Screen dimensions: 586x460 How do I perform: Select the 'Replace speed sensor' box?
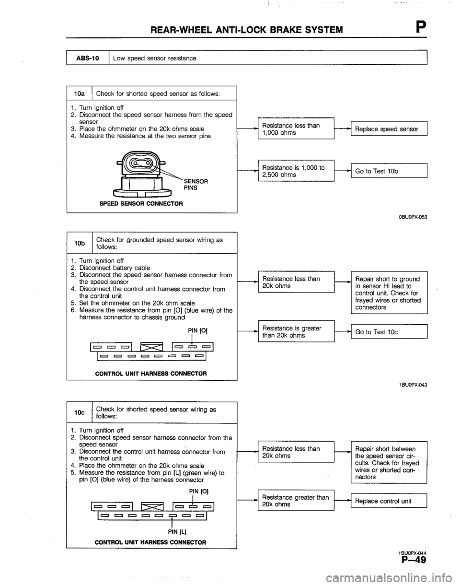tap(389, 129)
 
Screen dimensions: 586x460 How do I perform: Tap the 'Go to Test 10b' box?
tap(389, 171)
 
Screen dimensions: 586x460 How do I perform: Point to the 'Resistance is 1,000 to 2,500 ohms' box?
tap(295, 171)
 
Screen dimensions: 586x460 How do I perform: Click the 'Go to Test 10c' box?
tap(389, 332)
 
